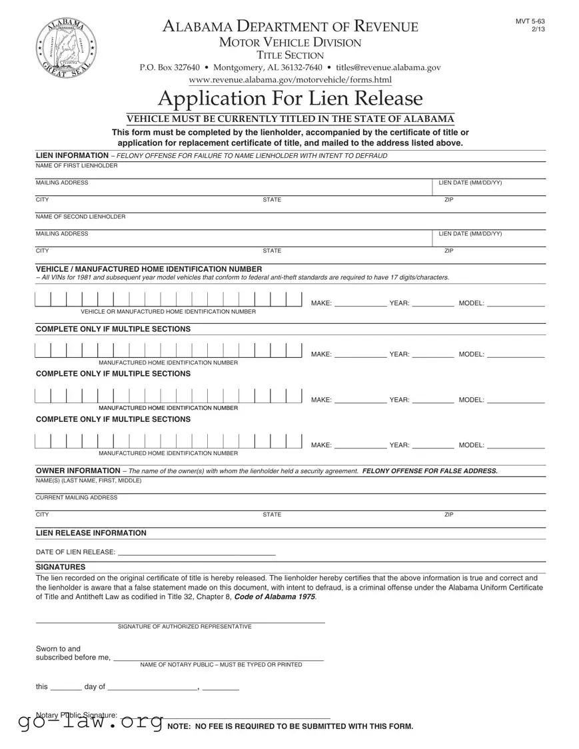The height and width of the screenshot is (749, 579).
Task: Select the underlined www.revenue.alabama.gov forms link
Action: point(290,80)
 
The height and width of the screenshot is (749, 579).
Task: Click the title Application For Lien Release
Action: point(290,99)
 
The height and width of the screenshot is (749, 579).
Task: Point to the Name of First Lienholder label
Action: point(76,165)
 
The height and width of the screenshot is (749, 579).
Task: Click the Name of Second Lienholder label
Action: point(80,217)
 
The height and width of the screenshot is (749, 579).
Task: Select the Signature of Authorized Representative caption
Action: point(185,627)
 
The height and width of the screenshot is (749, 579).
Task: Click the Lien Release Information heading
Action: point(91,533)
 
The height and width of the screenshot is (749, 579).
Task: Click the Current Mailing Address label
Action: point(76,498)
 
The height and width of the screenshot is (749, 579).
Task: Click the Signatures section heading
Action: point(60,567)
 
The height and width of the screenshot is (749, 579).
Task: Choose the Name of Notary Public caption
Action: point(221,664)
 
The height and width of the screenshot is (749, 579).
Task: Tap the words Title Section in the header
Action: point(290,55)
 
